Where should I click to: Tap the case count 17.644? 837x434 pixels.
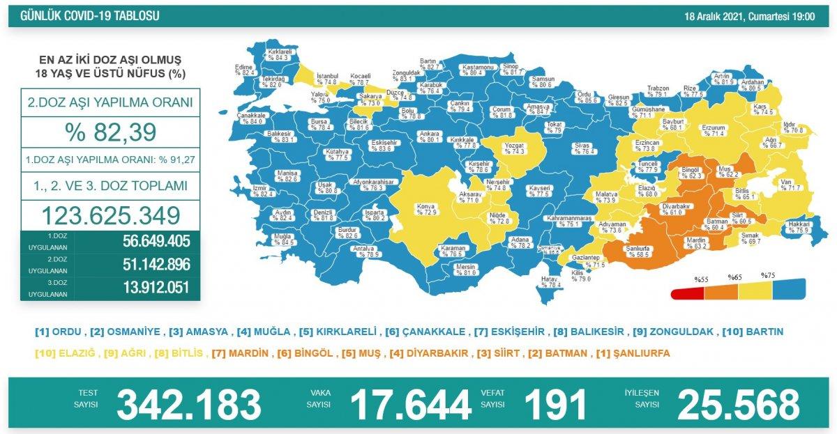coord(410,405)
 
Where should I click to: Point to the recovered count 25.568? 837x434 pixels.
coord(738,405)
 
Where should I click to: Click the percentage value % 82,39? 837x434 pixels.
coord(111,132)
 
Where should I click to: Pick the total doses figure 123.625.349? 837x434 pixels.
coord(111,215)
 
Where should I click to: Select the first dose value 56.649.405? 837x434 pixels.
coord(150,242)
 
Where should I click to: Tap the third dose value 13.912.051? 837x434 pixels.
coord(150,288)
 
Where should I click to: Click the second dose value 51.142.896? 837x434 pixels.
coord(150,265)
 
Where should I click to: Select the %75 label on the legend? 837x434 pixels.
coord(768,276)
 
